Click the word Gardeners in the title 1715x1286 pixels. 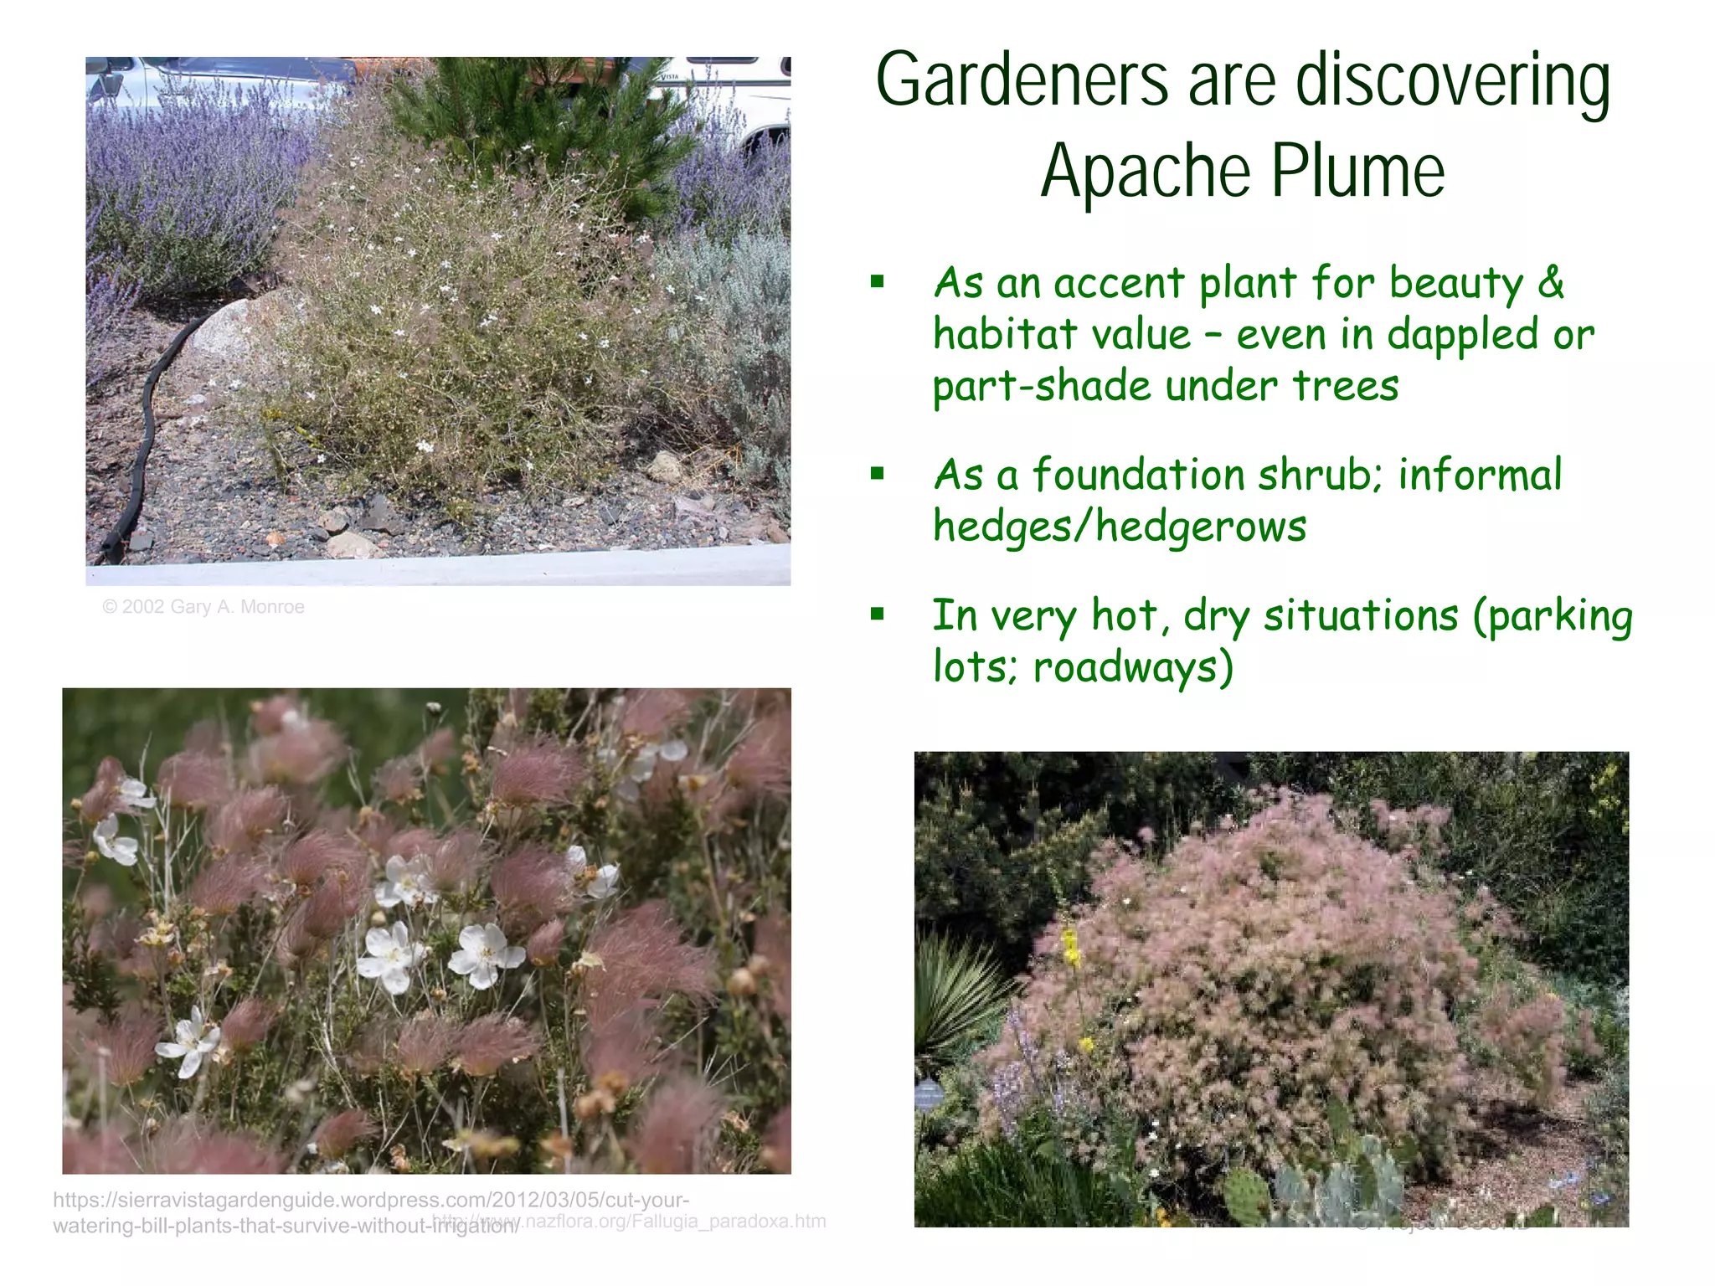(1021, 80)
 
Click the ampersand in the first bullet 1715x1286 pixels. (1550, 282)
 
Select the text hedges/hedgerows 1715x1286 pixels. (1120, 527)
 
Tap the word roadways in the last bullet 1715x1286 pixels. (1132, 667)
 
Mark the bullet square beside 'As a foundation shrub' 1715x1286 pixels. (877, 475)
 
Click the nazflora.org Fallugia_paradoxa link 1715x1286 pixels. (670, 1221)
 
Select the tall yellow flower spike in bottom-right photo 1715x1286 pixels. (1070, 950)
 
